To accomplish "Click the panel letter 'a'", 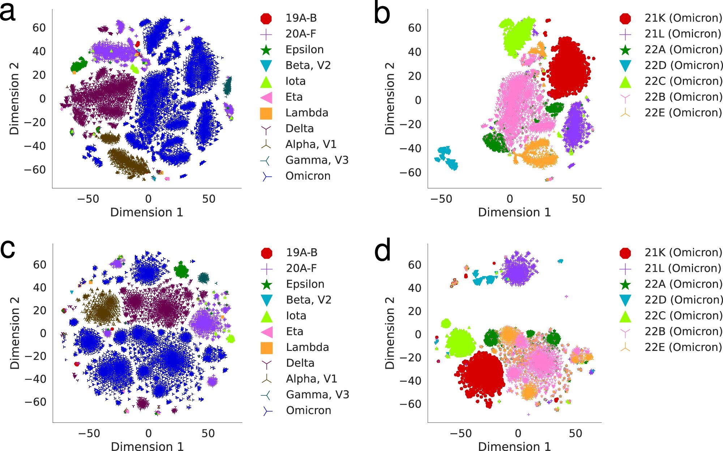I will [x=8, y=13].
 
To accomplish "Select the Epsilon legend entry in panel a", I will [x=304, y=50].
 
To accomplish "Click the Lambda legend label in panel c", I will [x=307, y=347].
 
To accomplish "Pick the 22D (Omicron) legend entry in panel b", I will [x=684, y=65].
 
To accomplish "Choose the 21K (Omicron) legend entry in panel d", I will [x=683, y=253].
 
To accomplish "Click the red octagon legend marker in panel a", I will [x=266, y=18].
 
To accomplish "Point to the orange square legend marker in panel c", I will [x=266, y=348].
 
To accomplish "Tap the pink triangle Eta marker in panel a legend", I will [x=266, y=97].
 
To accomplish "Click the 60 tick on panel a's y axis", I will [x=39, y=28].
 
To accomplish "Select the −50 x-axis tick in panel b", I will [x=441, y=199].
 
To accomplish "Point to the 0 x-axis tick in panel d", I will [x=518, y=433].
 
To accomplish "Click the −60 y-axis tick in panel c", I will [x=35, y=402].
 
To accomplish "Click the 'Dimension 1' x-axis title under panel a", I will [x=146, y=212].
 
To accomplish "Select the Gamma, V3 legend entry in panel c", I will [x=317, y=395].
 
